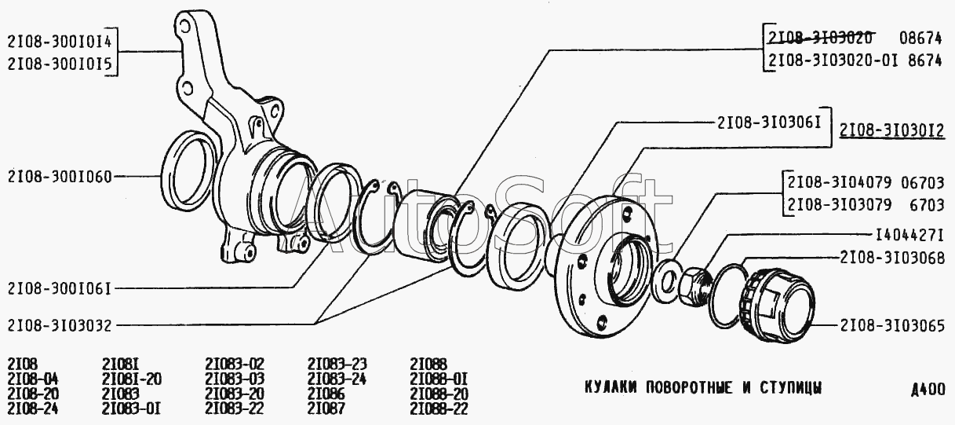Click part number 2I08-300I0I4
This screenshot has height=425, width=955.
[60, 41]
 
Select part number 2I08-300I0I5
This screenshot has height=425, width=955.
[60, 64]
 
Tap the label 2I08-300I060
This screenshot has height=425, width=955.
[60, 177]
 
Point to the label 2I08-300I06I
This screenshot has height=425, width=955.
[60, 289]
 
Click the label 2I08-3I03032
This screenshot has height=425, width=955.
[60, 325]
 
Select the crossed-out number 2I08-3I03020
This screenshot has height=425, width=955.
[820, 38]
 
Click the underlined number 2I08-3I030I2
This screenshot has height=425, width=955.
[892, 130]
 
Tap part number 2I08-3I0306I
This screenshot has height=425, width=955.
[769, 123]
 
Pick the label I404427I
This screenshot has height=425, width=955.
[909, 234]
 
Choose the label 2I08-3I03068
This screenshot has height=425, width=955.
[892, 258]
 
